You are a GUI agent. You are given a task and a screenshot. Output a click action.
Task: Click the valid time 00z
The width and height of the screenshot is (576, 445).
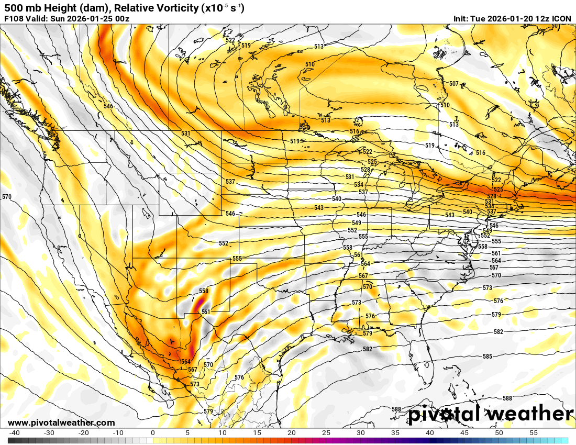pyautogui.click(x=121, y=19)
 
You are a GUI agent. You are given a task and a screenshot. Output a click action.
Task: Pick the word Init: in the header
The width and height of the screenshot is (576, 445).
pyautogui.click(x=463, y=19)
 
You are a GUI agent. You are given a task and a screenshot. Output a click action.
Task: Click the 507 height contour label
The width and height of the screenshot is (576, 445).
pyautogui.click(x=454, y=84)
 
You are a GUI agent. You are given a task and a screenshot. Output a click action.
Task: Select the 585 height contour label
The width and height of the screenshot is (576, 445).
pyautogui.click(x=488, y=357)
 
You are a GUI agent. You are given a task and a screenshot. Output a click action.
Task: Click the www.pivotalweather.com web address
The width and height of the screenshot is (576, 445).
pyautogui.click(x=61, y=422)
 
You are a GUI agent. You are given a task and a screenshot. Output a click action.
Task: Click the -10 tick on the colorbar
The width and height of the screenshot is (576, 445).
pyautogui.click(x=118, y=433)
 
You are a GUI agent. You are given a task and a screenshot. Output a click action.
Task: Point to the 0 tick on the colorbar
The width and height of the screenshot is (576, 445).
pyautogui.click(x=152, y=433)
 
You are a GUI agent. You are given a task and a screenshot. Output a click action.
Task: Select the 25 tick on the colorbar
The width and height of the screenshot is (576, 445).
pyautogui.click(x=326, y=433)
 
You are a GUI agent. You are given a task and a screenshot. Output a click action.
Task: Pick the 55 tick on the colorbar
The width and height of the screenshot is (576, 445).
pyautogui.click(x=533, y=433)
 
